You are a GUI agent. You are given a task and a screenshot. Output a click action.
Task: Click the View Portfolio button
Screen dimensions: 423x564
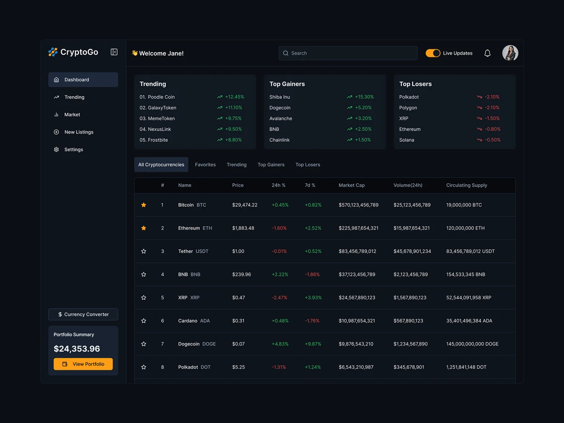83,364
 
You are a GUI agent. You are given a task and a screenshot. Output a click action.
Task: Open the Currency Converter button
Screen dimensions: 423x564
83,314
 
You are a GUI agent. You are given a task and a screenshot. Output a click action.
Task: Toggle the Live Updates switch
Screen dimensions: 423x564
433,53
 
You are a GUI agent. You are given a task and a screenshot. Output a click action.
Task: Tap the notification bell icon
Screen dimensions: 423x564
487,53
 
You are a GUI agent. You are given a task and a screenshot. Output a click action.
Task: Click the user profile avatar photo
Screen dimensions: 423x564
510,53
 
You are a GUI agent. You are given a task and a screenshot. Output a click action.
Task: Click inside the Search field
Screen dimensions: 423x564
348,53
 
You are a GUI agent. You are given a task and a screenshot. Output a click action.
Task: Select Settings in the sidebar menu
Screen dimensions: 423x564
74,149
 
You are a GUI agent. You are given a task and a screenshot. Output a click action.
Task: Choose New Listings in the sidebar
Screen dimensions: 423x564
78,132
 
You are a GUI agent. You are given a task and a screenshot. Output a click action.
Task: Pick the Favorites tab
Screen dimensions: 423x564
205,164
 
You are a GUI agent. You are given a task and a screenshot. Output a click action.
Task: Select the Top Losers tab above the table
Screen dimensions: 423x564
308,164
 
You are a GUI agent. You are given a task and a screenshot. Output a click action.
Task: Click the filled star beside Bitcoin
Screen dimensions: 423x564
144,205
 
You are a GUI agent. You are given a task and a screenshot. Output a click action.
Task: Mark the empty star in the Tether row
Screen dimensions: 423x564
144,251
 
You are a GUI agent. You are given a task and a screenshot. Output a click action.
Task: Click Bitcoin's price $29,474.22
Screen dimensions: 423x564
245,205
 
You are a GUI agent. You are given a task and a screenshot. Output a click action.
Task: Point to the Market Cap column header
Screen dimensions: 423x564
352,185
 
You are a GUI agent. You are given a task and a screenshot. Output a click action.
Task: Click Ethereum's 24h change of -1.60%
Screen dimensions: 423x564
279,228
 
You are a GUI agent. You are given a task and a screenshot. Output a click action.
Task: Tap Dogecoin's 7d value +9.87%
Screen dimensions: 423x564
313,344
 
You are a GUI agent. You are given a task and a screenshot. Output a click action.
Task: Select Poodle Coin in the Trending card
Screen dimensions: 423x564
161,97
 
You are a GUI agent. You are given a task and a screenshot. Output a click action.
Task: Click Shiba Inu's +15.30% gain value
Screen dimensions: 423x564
364,97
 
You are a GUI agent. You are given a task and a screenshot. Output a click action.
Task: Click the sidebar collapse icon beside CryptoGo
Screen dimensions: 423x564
114,52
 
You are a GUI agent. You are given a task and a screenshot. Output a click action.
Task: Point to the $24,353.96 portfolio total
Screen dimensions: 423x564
77,349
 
